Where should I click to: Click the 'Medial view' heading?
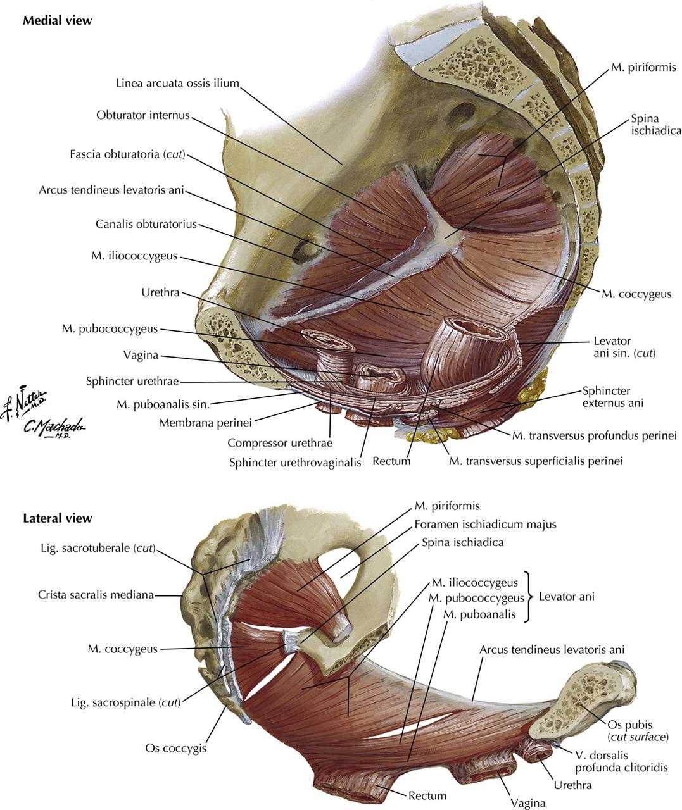(x=57, y=21)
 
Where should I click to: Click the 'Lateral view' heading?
(x=57, y=518)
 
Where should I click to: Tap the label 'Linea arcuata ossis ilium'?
(x=177, y=83)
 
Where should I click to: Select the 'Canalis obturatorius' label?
(x=146, y=224)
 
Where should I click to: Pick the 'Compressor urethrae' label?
(x=280, y=443)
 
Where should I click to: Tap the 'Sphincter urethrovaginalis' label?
(x=295, y=462)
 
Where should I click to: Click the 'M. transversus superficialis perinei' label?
(x=536, y=461)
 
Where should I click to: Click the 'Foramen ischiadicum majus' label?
(x=485, y=524)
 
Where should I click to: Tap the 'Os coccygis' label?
(x=175, y=748)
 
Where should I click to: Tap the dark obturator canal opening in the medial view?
(x=305, y=251)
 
